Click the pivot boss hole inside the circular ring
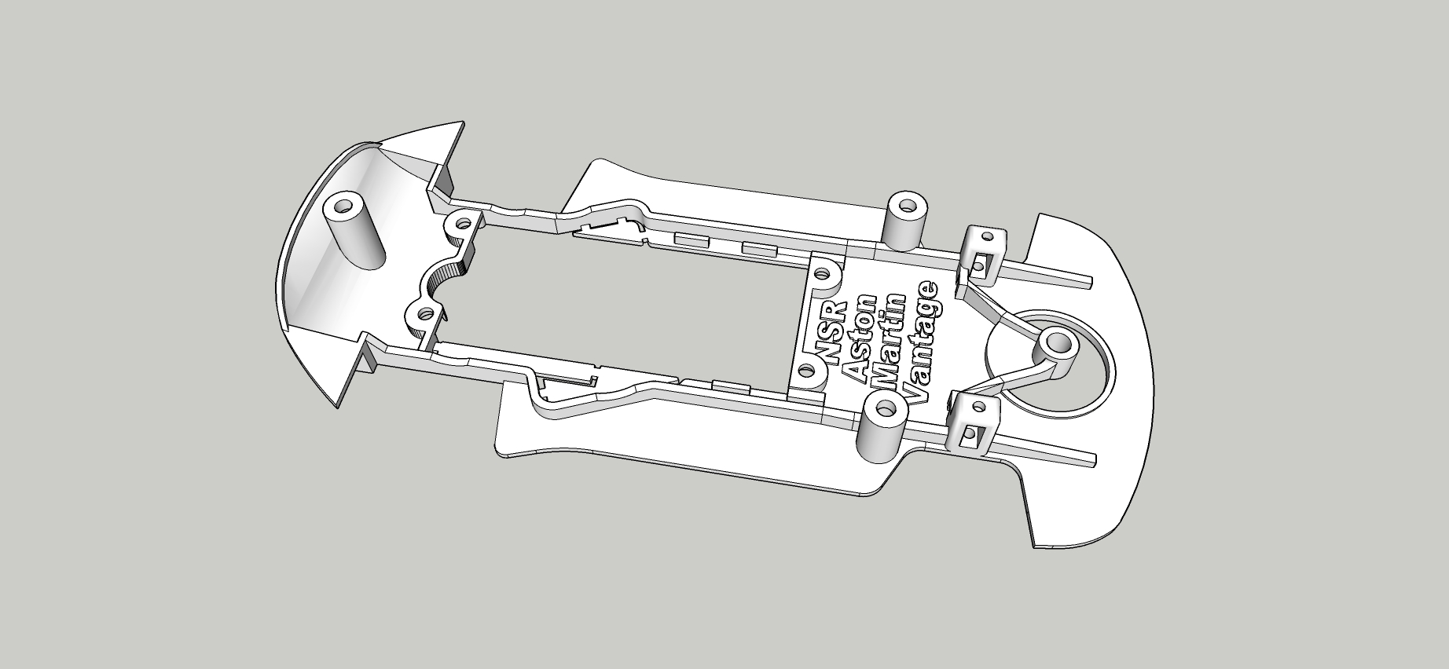click(x=1058, y=343)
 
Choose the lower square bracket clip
click(x=974, y=424)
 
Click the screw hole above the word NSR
click(x=823, y=275)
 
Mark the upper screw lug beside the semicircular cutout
click(x=457, y=228)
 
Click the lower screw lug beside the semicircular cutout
click(x=424, y=313)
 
